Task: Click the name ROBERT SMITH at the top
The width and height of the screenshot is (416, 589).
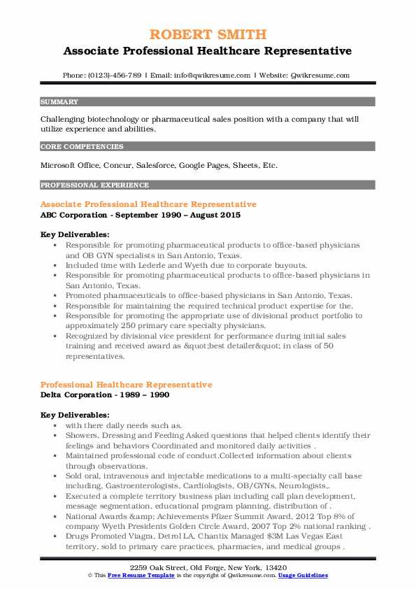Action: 208,35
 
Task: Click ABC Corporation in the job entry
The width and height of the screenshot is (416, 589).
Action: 72,215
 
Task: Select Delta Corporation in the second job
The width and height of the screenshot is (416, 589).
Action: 75,395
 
